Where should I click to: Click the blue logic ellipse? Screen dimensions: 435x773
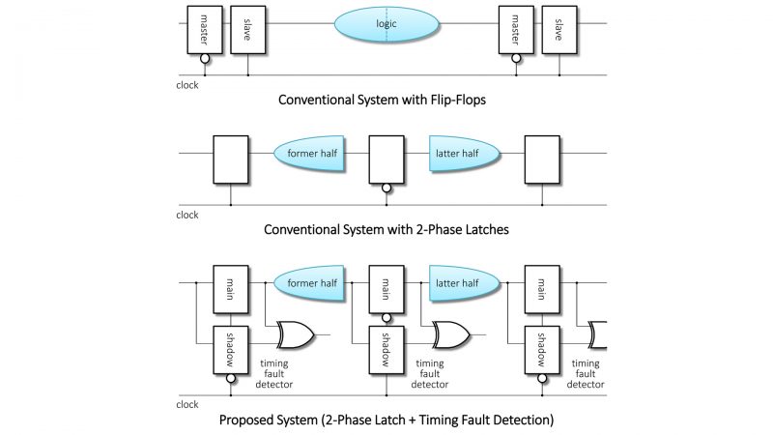pos(386,21)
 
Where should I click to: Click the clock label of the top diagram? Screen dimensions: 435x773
pos(187,84)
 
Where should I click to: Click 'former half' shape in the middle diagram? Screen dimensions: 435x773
pos(310,154)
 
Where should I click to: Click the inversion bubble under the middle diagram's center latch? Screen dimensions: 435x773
pos(386,188)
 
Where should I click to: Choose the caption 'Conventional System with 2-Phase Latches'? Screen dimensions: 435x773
pos(386,231)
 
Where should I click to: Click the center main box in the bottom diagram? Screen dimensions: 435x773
pos(386,286)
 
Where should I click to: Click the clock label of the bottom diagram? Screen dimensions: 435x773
pos(187,404)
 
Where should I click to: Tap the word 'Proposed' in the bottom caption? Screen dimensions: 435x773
pos(252,420)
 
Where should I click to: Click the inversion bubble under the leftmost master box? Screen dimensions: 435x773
pos(205,59)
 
